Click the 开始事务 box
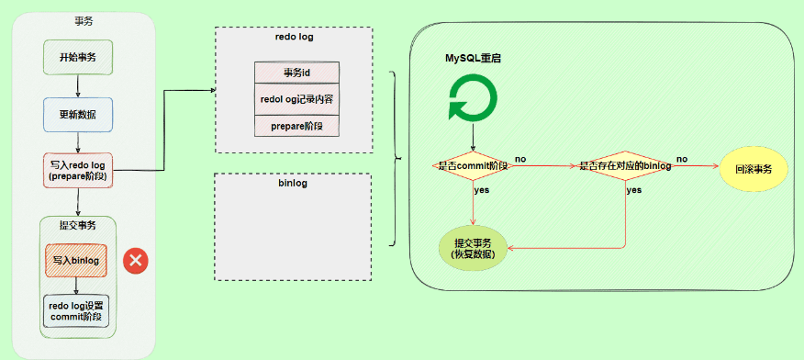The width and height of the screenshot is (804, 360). click(78, 58)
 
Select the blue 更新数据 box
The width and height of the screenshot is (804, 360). click(78, 115)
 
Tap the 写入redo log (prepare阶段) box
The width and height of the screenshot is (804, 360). click(78, 170)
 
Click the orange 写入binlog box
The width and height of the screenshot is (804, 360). click(76, 261)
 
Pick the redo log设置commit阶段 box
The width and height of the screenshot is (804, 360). click(76, 311)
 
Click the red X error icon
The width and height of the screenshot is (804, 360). click(136, 261)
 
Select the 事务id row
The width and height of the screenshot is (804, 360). click(296, 73)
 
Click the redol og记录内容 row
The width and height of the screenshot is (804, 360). click(296, 99)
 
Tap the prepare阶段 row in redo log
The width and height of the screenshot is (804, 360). click(296, 126)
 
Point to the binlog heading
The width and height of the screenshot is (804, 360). click(292, 183)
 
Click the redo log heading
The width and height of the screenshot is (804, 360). click(295, 37)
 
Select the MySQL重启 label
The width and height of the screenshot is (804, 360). click(473, 59)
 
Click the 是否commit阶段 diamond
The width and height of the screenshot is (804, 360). click(473, 165)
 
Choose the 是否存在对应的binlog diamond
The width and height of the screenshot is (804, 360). click(625, 166)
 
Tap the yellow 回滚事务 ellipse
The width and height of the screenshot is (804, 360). click(754, 169)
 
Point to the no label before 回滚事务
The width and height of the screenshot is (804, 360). click(682, 160)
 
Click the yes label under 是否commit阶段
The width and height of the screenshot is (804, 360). click(482, 190)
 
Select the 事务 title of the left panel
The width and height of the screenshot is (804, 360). click(84, 21)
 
